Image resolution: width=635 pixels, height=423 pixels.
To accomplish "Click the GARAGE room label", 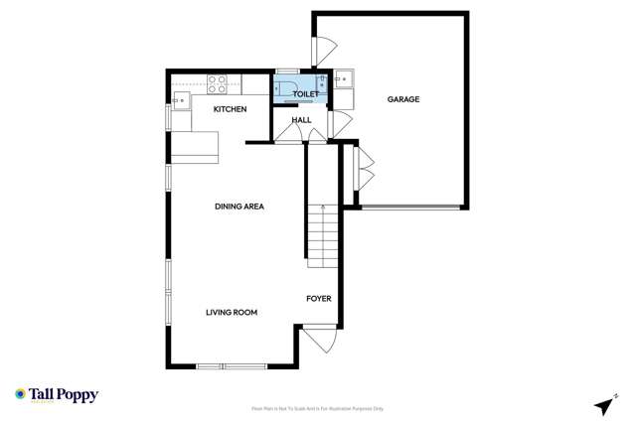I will click(x=403, y=99).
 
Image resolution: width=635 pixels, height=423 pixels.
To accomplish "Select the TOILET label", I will click(x=305, y=94).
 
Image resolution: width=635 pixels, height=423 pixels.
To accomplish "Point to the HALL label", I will click(x=301, y=120).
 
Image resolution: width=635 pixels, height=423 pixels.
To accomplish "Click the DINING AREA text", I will click(x=239, y=207).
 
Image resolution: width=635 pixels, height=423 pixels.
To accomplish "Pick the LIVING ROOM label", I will click(x=232, y=313).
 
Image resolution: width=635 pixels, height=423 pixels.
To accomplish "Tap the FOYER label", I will click(x=318, y=298).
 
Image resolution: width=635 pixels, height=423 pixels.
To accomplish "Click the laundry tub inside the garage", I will click(x=343, y=78).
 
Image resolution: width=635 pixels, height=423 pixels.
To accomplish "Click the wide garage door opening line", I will click(x=410, y=208).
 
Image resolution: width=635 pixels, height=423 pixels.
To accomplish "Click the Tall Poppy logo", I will click(x=57, y=395).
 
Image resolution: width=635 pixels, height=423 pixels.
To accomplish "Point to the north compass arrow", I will click(x=604, y=405).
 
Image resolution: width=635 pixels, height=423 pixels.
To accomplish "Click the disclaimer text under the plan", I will click(x=317, y=408).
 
